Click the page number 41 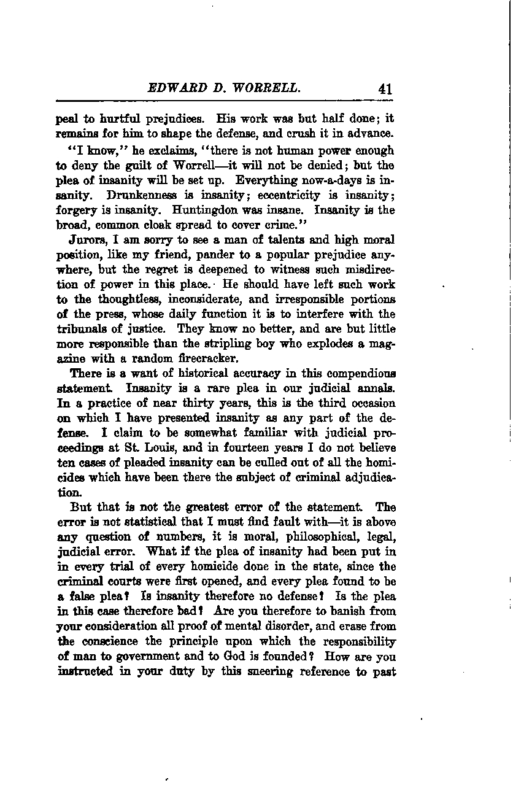click(385, 89)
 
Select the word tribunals click(79, 328)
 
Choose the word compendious click(356, 373)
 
